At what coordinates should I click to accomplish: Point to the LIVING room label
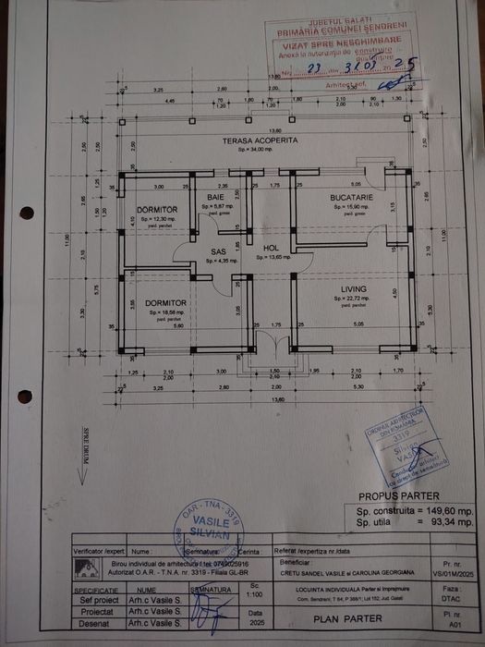[353, 289]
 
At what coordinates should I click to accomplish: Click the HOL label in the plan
[271, 248]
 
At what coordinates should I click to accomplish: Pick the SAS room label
[218, 251]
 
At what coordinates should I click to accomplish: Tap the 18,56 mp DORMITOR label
[166, 303]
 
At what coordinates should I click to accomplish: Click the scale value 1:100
[255, 596]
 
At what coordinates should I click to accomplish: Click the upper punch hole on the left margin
[26, 213]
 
